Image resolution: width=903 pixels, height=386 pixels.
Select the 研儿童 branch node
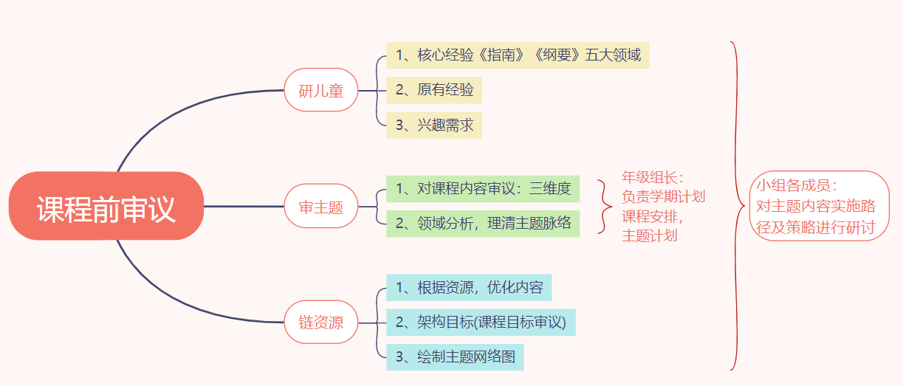click(321, 91)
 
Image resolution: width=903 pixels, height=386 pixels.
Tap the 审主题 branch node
click(321, 207)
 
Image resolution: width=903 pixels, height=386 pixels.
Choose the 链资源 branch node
click(321, 323)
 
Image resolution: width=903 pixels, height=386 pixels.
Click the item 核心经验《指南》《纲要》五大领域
click(518, 55)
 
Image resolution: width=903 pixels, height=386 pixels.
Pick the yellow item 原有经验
click(434, 90)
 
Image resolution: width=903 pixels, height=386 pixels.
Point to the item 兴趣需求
click(434, 125)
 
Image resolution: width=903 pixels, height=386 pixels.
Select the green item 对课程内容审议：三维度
click(483, 189)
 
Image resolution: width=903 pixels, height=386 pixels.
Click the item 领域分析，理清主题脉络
click(483, 223)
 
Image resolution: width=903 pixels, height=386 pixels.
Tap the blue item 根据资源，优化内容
click(469, 287)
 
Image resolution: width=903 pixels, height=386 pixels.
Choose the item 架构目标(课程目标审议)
click(481, 322)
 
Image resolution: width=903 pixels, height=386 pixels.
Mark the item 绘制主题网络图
click(455, 357)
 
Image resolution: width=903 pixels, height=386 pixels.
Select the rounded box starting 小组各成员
click(820, 206)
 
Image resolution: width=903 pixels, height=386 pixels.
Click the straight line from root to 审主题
click(244, 207)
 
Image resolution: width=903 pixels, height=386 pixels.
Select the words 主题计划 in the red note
click(650, 236)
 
